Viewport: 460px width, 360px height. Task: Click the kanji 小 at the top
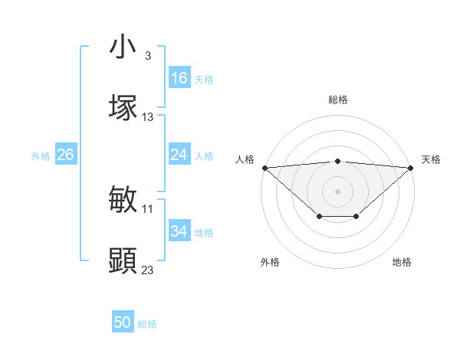123,47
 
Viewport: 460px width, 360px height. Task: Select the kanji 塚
123,106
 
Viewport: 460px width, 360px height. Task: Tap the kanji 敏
123,200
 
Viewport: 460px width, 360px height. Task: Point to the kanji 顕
123,260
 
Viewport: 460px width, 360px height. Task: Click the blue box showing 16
179,78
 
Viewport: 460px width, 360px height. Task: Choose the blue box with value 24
179,155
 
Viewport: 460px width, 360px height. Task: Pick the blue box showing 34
179,231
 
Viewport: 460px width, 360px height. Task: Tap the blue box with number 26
65,155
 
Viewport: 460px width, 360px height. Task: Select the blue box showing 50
123,322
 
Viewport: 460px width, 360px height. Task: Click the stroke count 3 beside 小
147,56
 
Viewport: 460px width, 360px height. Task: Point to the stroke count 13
148,117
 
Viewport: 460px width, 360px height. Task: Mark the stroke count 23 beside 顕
148,270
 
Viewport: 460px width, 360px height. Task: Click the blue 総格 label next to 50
147,324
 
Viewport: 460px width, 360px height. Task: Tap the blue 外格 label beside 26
41,155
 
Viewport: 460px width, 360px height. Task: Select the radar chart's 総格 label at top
337,100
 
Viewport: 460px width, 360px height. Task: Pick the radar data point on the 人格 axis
264,167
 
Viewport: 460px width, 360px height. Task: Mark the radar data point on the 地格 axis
356,217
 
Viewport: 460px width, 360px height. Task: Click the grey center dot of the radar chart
337,191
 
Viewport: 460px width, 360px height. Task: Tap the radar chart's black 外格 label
270,262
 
